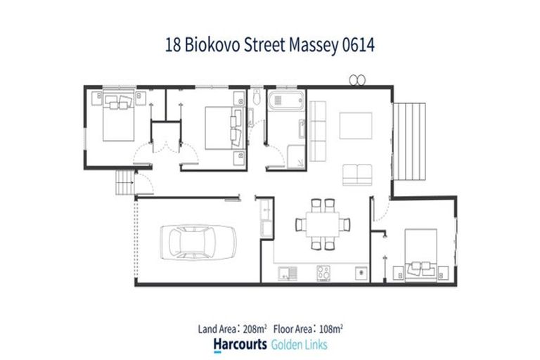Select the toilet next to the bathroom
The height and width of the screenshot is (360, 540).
(x=257, y=97)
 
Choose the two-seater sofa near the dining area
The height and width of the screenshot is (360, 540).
(x=358, y=173)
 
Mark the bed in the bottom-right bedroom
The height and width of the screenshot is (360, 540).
(x=420, y=253)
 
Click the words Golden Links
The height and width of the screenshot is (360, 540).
(x=298, y=345)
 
